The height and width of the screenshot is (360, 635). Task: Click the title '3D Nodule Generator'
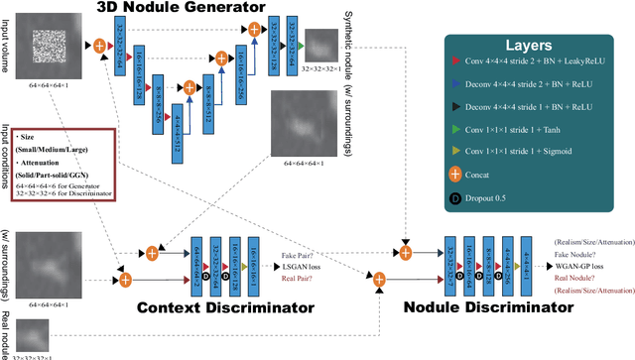click(x=181, y=9)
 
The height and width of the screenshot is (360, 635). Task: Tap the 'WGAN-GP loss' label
click(x=579, y=267)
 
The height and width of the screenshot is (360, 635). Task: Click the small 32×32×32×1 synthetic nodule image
click(x=320, y=45)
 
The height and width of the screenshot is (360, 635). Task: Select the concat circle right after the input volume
click(x=100, y=45)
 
